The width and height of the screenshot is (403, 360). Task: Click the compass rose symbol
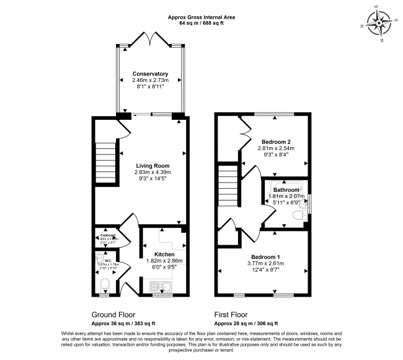coord(379,24)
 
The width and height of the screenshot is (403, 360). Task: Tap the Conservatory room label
coord(150,74)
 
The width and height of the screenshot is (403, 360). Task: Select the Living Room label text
coord(153,166)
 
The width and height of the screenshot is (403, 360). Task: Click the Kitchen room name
coord(164,254)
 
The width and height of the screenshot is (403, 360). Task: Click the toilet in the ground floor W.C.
coord(104,286)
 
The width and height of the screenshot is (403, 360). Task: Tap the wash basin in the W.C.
coord(99,258)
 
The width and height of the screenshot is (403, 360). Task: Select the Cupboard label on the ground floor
coord(104,235)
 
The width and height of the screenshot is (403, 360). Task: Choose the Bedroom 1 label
coord(265,256)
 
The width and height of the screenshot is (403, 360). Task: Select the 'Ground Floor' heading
coord(113,315)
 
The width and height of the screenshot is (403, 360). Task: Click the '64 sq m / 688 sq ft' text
coord(201,22)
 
